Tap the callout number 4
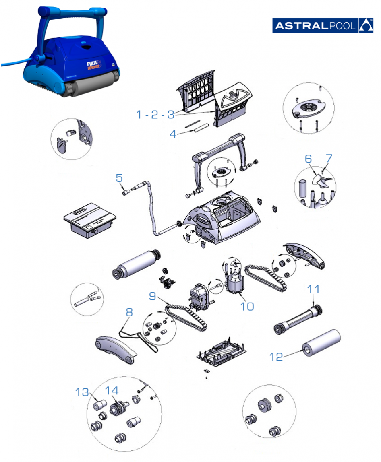tap(173, 134)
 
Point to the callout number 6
tap(308, 159)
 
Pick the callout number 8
tap(128, 312)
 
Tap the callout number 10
tap(247, 306)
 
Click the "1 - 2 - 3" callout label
tap(155, 115)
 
